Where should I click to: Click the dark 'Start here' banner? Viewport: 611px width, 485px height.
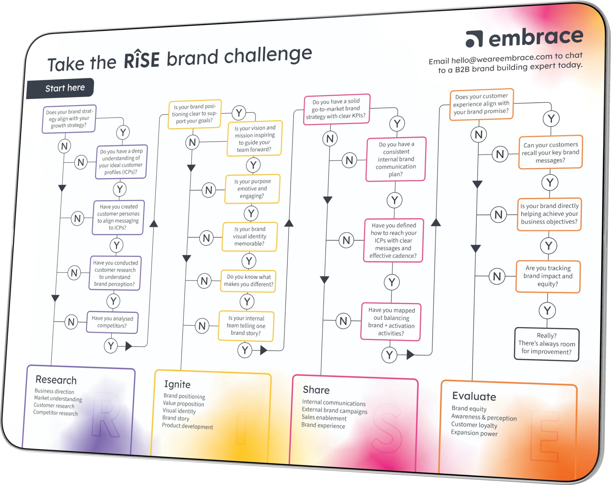click(x=60, y=88)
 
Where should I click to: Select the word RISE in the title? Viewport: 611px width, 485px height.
click(x=142, y=59)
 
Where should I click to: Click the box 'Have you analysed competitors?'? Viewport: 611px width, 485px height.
click(x=112, y=322)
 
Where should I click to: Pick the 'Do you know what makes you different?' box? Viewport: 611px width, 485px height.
click(x=248, y=281)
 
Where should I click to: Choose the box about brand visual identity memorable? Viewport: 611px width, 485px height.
click(x=250, y=236)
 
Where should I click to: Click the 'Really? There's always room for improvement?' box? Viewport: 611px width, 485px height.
click(x=547, y=344)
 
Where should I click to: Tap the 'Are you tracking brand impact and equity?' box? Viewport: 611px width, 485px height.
click(x=548, y=276)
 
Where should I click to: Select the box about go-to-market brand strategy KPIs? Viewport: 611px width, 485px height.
click(x=336, y=109)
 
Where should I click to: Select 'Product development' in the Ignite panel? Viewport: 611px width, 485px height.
click(x=187, y=426)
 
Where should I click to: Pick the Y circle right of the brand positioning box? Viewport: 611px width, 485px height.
click(x=239, y=113)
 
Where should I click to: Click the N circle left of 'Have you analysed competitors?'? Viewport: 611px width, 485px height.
click(x=71, y=322)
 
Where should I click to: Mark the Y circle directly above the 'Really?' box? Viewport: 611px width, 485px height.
click(x=547, y=311)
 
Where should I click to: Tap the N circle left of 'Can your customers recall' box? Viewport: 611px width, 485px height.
click(x=500, y=154)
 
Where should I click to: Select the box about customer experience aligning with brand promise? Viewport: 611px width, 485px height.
click(x=481, y=104)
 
